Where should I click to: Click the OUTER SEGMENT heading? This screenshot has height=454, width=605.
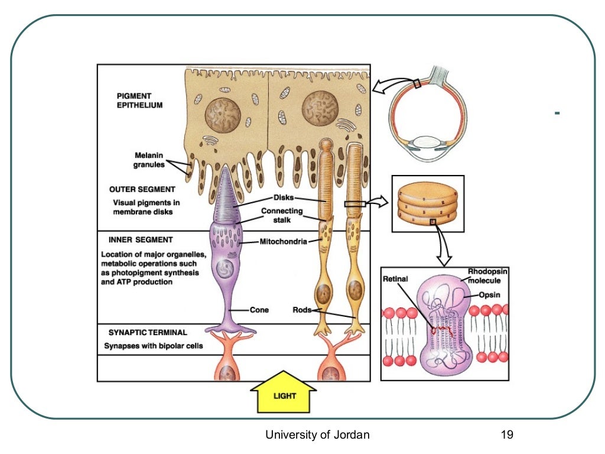(x=142, y=190)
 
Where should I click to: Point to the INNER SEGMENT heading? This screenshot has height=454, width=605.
(x=141, y=240)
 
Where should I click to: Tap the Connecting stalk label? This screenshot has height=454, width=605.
(x=282, y=215)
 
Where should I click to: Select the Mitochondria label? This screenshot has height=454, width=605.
(x=284, y=241)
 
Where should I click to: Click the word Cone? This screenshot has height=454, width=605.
(x=259, y=310)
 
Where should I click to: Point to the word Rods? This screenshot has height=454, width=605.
(x=302, y=310)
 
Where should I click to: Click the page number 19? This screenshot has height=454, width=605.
(x=506, y=435)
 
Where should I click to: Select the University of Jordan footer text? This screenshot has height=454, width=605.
(x=317, y=435)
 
